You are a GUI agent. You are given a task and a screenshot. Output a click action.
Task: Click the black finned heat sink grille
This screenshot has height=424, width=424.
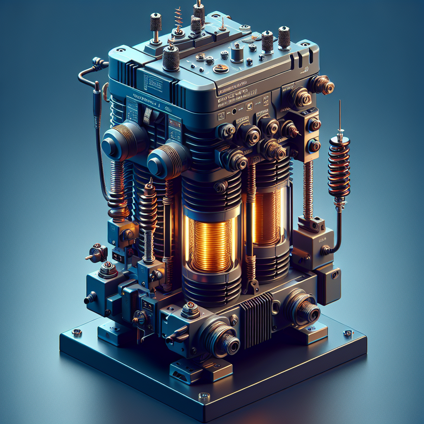[x=256, y=319]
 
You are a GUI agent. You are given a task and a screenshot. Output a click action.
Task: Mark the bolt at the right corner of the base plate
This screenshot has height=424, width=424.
[x=348, y=333]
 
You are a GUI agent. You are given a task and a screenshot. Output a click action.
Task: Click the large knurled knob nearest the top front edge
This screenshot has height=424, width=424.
[x=171, y=58]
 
